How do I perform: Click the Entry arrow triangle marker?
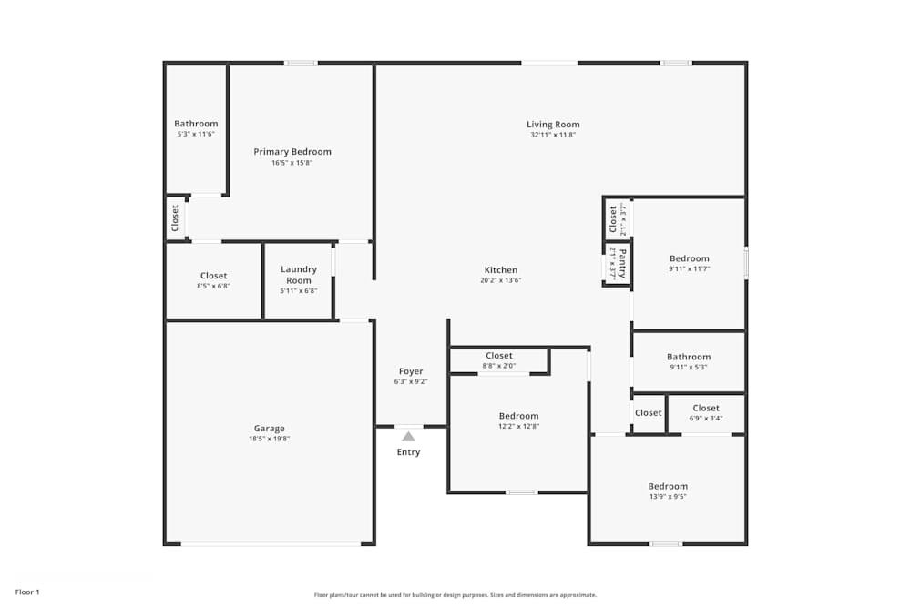tap(409, 437)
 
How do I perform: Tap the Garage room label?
tap(269, 429)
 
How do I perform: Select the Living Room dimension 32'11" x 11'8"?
tap(553, 135)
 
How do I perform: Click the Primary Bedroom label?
tap(292, 152)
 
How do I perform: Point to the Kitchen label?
tap(501, 270)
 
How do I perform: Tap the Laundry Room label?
tap(299, 275)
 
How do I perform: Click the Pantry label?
tap(623, 263)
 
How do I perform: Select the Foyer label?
tap(411, 371)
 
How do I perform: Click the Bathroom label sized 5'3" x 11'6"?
tap(196, 124)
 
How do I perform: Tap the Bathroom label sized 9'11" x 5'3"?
tap(688, 358)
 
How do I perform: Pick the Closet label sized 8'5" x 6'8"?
tap(213, 276)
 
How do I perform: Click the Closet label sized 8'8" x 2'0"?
tap(499, 356)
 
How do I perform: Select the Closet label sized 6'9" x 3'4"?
tap(706, 409)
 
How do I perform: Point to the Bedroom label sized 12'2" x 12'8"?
tap(518, 416)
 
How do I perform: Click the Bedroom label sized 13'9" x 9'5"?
tap(668, 486)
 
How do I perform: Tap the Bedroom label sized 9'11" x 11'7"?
tap(689, 258)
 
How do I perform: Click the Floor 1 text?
tap(27, 592)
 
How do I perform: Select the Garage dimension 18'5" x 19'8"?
tap(269, 439)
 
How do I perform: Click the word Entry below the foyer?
tap(409, 452)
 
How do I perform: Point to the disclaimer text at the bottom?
tap(455, 595)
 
